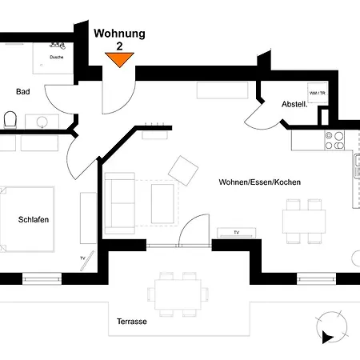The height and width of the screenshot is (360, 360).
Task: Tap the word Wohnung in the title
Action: (119, 34)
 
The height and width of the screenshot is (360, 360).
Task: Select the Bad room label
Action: (23, 92)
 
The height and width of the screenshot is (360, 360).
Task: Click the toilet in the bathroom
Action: (10, 120)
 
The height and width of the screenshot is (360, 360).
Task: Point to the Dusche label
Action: (57, 58)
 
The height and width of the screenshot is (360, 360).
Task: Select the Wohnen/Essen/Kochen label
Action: (259, 182)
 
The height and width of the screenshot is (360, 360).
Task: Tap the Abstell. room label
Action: (294, 105)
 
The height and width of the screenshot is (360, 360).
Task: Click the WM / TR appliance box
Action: (318, 94)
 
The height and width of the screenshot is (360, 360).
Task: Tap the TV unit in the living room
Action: (237, 233)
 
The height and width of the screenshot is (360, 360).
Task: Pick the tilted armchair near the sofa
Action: (184, 170)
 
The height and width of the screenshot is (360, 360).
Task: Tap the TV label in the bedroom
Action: (82, 258)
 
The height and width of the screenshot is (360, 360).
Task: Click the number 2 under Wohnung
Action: (119, 46)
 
